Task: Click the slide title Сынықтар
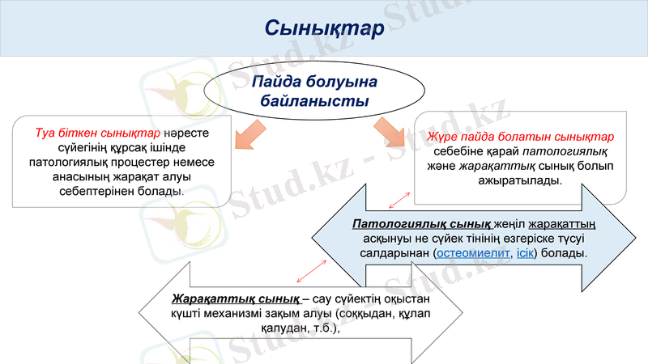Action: (x=323, y=28)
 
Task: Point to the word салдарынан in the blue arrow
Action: (x=394, y=253)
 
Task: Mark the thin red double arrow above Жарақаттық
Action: (x=311, y=270)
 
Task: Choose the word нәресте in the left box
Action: (x=186, y=133)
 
